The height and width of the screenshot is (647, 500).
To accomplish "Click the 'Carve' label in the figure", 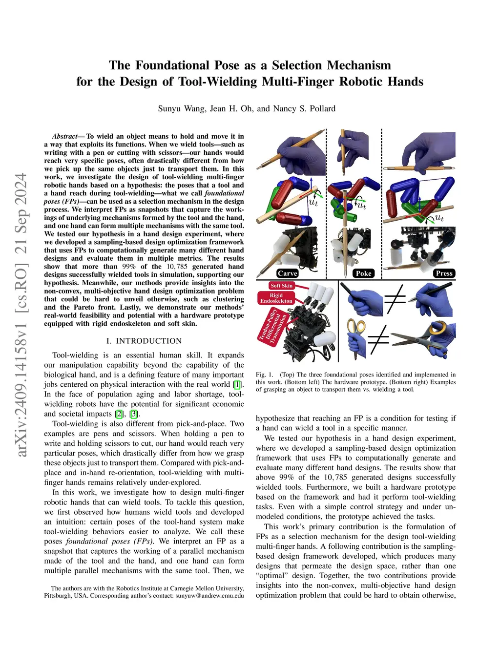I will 288,273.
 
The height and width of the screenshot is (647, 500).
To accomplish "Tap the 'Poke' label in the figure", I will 364,273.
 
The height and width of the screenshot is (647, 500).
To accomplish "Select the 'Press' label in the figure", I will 444,273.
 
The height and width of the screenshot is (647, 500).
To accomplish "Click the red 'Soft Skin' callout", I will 282,286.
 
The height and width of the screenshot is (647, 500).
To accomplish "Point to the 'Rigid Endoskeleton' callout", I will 276,298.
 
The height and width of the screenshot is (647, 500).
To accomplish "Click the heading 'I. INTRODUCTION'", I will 144,341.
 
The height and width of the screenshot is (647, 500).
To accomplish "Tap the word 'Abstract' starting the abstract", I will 64,136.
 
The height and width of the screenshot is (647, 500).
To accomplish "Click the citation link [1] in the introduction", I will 237,384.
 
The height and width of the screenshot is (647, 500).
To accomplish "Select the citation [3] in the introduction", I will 134,414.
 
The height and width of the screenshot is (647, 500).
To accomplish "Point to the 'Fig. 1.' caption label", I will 265,375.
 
